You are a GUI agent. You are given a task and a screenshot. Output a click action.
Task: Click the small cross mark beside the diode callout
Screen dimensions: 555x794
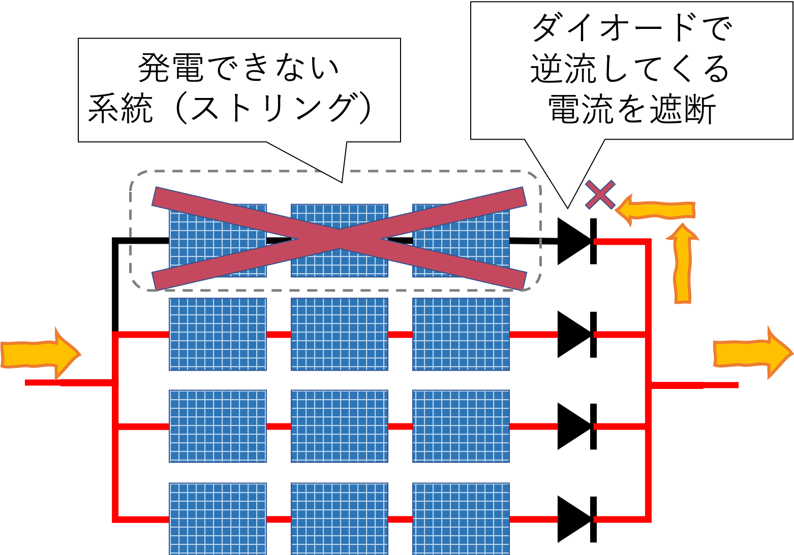600,194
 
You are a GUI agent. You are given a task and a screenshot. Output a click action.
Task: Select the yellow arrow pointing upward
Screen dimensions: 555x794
682,265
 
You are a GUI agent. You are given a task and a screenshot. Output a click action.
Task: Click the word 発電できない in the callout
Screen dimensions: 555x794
238,68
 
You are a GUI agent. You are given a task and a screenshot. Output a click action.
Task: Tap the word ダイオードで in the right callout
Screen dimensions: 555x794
631,28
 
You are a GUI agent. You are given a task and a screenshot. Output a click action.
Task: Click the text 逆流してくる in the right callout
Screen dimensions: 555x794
630,69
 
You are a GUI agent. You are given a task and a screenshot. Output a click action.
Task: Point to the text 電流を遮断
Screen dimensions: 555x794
632,109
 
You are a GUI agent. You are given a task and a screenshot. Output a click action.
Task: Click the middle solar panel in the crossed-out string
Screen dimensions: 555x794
339,240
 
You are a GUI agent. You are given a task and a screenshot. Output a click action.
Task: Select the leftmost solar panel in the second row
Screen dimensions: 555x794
218,334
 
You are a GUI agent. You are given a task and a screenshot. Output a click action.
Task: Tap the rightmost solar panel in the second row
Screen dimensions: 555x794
461,334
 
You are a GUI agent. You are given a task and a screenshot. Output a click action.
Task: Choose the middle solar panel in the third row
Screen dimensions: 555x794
339,426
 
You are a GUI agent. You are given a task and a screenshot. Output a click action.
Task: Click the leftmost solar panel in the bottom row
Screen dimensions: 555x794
218,518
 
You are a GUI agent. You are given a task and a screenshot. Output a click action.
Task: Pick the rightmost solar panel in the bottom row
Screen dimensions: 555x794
461,518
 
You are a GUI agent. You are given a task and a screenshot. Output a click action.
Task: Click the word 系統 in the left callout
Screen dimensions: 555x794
120,109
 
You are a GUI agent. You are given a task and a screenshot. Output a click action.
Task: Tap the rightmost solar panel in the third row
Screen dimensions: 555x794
461,426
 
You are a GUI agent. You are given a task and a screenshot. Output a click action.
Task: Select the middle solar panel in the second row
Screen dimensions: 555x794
339,334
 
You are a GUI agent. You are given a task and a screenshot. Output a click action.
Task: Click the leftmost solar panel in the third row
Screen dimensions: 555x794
218,426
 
